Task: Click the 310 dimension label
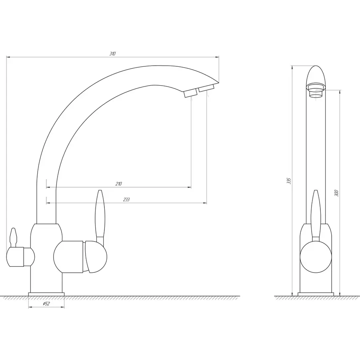pos(112,54)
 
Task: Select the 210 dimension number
pos(118,184)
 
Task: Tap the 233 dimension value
pos(126,200)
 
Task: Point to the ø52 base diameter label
pos(46,304)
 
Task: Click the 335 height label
pos(289,181)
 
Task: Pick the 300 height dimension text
pos(336,193)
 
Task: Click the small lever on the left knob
pos(14,237)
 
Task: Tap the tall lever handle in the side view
pos(316,215)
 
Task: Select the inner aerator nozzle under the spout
pos(190,93)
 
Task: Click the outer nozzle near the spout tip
pos(206,88)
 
